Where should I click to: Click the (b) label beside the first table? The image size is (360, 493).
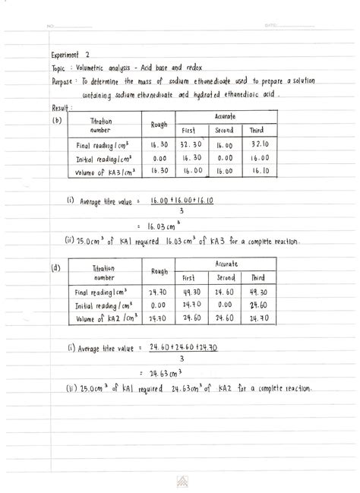pos(56,120)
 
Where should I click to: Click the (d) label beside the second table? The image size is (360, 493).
pos(56,267)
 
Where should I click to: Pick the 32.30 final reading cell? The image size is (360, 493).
pos(190,144)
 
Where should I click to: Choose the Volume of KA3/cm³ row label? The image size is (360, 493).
pos(106,172)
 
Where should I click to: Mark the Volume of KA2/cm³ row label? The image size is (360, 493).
pos(106,319)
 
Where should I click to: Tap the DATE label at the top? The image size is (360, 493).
pos(271,25)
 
